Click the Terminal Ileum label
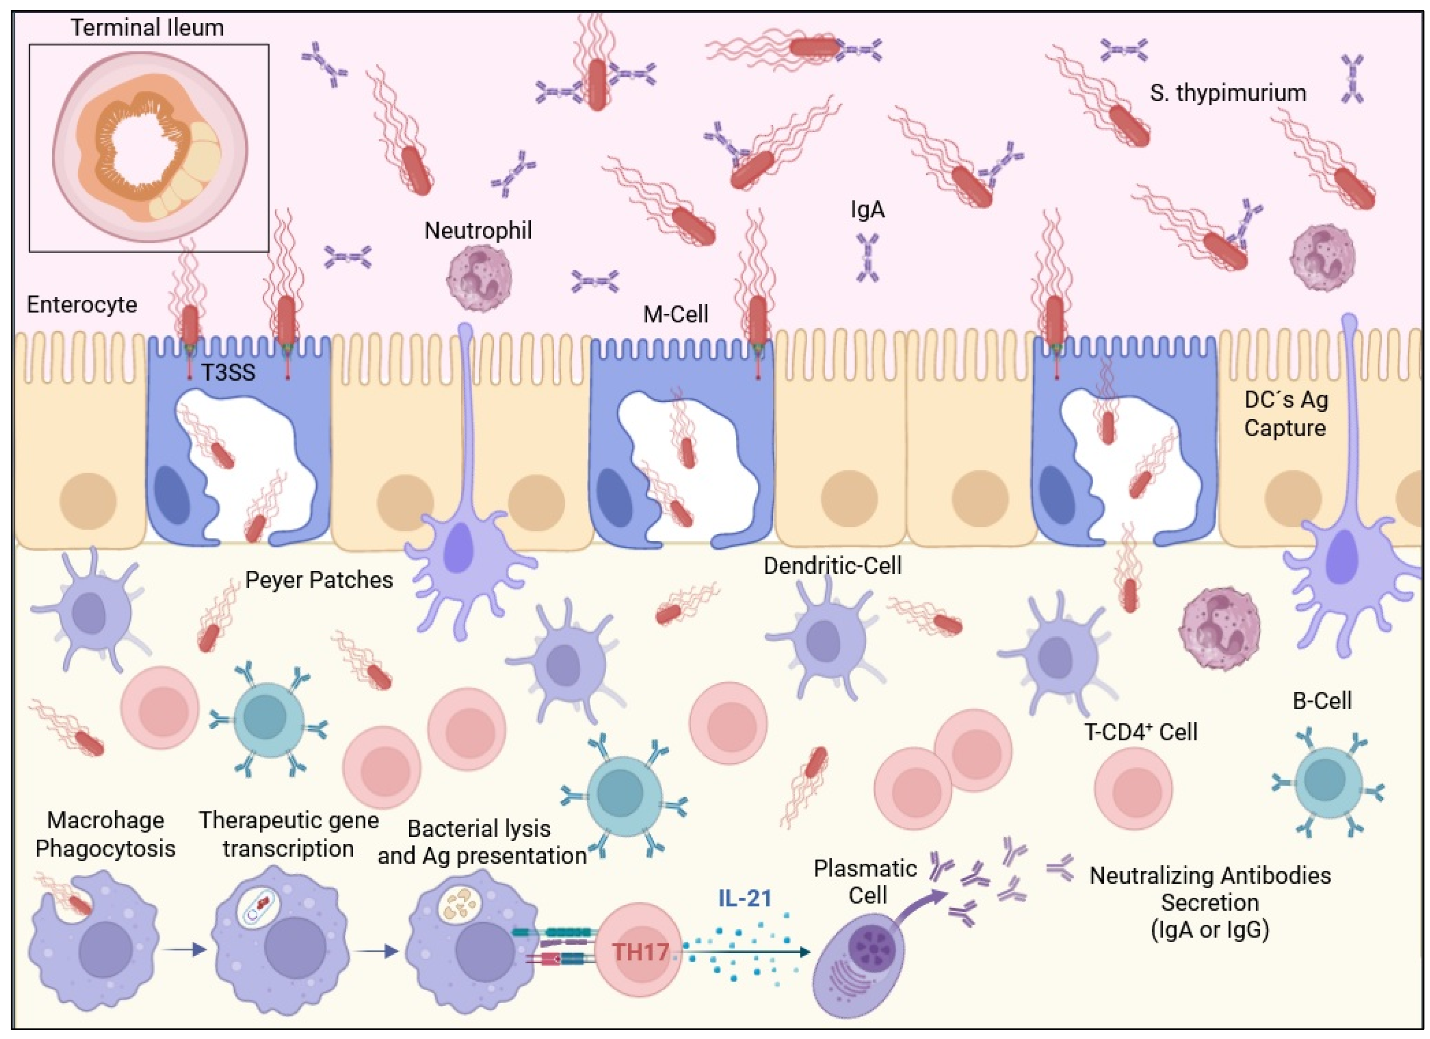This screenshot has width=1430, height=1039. click(x=147, y=28)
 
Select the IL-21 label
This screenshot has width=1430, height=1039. click(x=745, y=898)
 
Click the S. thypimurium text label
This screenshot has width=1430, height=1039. click(x=1227, y=93)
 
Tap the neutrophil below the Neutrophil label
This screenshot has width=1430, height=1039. click(x=478, y=278)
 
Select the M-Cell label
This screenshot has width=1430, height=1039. click(x=675, y=314)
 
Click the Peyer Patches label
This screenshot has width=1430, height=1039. click(x=319, y=579)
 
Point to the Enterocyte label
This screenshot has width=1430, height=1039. click(x=82, y=304)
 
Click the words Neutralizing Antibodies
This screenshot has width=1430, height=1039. click(x=1210, y=875)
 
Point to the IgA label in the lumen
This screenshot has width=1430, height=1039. click(x=868, y=209)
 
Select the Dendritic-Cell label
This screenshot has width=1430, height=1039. click(x=832, y=566)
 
